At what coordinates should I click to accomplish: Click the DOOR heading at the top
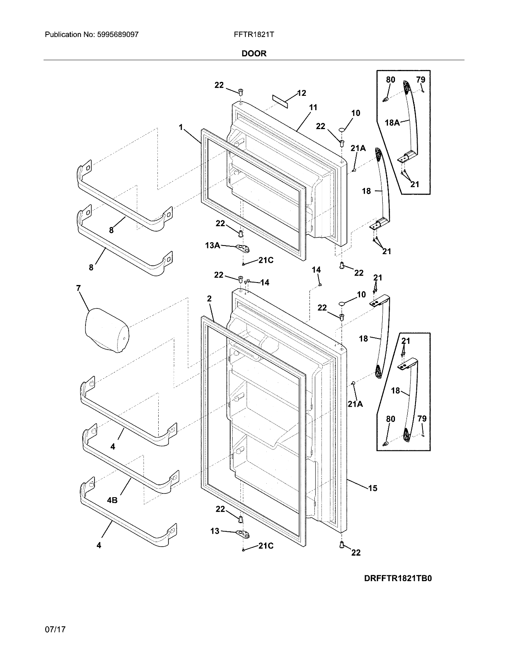coord(254,53)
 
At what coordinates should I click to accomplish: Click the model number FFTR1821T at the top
coord(254,35)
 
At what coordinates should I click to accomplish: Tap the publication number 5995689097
coord(117,35)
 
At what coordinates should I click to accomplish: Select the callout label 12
coord(302,93)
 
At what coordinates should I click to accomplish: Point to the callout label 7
coord(78,288)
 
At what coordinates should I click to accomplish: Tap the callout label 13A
coord(212,246)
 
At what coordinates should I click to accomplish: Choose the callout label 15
coord(372,488)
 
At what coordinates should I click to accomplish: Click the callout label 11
coord(313,108)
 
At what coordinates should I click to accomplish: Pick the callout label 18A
coord(392,122)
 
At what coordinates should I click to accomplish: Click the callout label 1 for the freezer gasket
coord(180,127)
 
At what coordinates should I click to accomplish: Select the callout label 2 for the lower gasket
coord(209,299)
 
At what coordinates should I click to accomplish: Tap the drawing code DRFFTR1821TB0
coord(397,578)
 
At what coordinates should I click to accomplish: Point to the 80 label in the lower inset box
coord(390,419)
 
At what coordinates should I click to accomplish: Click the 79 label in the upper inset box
coord(420,79)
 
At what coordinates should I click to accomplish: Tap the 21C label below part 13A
coord(266,260)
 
